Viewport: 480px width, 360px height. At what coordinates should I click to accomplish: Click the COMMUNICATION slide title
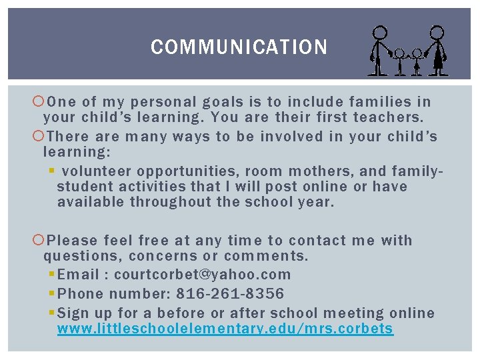click(239, 47)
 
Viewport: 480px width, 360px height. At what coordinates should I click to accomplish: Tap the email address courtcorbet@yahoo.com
click(203, 275)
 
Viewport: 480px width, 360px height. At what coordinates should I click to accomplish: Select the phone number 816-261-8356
click(230, 294)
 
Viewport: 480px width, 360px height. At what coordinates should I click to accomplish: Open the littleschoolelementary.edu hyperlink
click(225, 329)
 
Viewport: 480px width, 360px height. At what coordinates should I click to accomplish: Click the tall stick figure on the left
click(379, 50)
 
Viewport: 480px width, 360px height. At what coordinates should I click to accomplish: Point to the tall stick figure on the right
click(437, 50)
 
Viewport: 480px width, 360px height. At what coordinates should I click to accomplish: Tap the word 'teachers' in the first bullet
click(387, 118)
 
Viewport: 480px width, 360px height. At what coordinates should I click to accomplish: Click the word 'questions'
click(83, 256)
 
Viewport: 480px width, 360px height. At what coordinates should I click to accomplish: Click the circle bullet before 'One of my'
click(38, 102)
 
